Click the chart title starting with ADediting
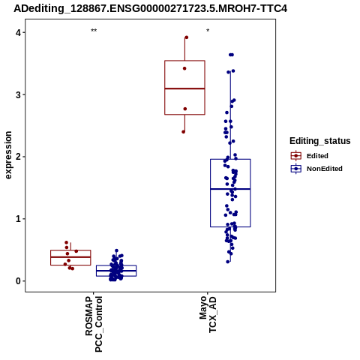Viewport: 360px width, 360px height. click(x=150, y=9)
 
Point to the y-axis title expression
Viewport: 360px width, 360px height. click(x=8, y=155)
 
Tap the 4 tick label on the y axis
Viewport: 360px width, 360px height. click(x=19, y=32)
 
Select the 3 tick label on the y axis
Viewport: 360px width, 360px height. click(x=19, y=94)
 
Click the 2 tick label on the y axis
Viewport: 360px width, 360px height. click(x=19, y=157)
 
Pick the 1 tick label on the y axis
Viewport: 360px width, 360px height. click(x=19, y=219)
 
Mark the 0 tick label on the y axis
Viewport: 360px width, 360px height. click(x=19, y=280)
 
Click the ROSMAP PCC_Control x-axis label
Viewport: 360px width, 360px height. click(x=94, y=324)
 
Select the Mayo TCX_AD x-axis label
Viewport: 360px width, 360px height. click(x=208, y=314)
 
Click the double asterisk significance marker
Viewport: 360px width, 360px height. click(x=94, y=31)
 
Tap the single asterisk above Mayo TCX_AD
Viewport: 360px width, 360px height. click(x=208, y=31)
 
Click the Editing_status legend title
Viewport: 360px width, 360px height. click(x=320, y=141)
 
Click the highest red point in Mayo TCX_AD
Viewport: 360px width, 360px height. click(x=186, y=37)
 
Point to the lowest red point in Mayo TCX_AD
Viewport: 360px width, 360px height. click(x=184, y=132)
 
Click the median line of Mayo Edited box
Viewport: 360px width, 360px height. click(x=184, y=88)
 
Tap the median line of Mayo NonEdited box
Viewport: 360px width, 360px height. click(x=230, y=189)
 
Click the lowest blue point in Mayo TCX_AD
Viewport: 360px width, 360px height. click(x=228, y=262)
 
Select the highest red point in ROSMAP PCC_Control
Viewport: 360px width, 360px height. click(x=67, y=242)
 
